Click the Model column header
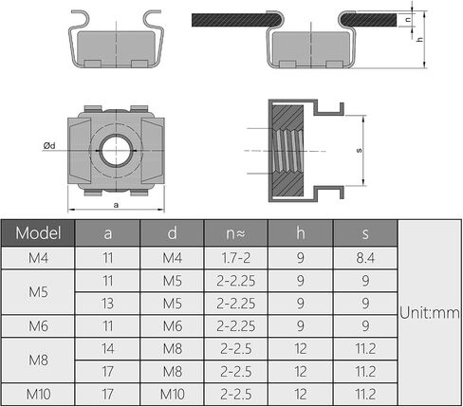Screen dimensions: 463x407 [x=38, y=233]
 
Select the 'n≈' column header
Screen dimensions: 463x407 [x=236, y=233]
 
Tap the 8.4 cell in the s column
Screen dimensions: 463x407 [x=365, y=258]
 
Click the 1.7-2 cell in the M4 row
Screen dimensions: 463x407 [x=236, y=258]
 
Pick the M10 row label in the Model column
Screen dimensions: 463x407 [x=38, y=394]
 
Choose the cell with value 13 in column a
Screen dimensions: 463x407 [x=107, y=304]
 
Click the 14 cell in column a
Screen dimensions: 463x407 [x=107, y=348]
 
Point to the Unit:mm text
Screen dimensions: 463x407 [x=429, y=312]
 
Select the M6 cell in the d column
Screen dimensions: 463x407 [x=173, y=326]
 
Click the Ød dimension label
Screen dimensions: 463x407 [x=49, y=145]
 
